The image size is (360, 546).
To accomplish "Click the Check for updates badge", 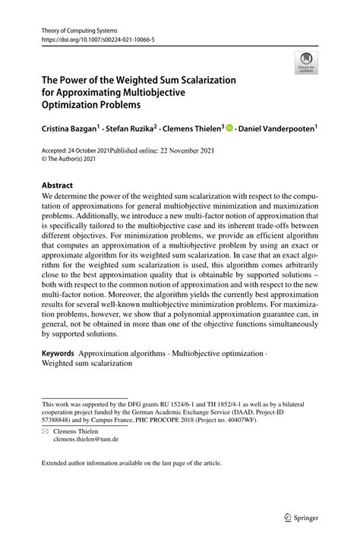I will tap(305, 63).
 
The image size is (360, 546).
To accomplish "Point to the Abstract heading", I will tap(58, 185).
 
